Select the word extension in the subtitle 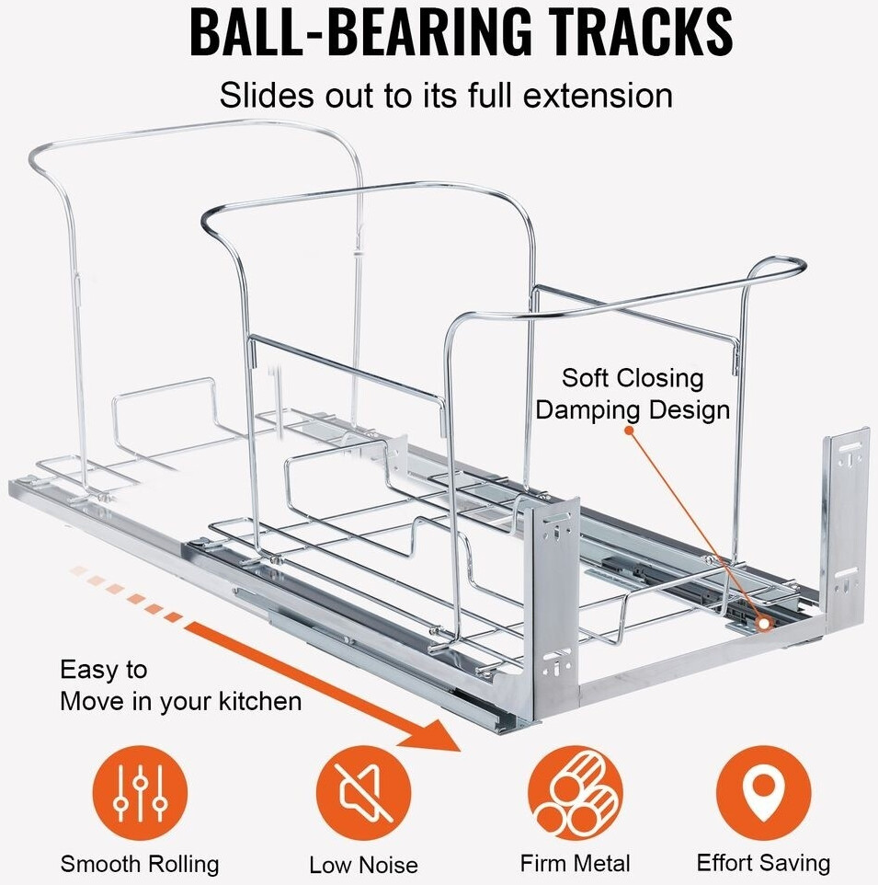click(x=590, y=95)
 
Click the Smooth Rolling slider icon click(x=140, y=793)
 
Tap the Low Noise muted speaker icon click(x=362, y=793)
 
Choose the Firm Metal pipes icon click(x=576, y=793)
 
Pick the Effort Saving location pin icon click(x=763, y=793)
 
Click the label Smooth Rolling click(x=140, y=864)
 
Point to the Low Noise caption click(x=363, y=865)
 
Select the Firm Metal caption click(x=576, y=863)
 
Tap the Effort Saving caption click(x=763, y=863)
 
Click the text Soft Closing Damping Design click(x=633, y=394)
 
